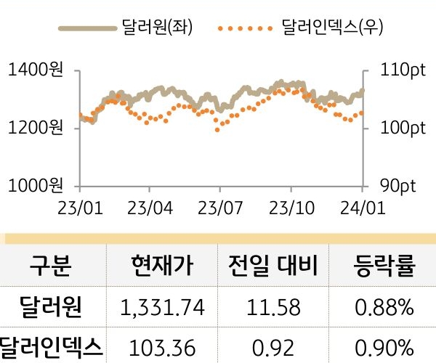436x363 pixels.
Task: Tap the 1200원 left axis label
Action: click(x=36, y=129)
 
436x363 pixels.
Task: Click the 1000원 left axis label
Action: click(x=36, y=185)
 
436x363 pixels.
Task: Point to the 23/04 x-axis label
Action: click(x=150, y=208)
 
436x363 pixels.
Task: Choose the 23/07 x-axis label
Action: click(x=220, y=208)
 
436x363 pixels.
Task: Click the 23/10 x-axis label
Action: click(x=291, y=208)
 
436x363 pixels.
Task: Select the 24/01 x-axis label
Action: click(x=361, y=208)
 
